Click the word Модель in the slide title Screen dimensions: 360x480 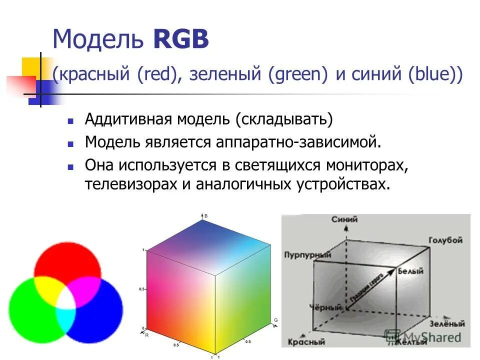[96, 39]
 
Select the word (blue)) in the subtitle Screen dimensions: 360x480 [435, 76]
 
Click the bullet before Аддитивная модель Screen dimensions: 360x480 [70, 121]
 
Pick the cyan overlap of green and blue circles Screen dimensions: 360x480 [66, 320]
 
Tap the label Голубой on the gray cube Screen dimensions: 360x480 [445, 240]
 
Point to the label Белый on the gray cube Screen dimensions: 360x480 [411, 271]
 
